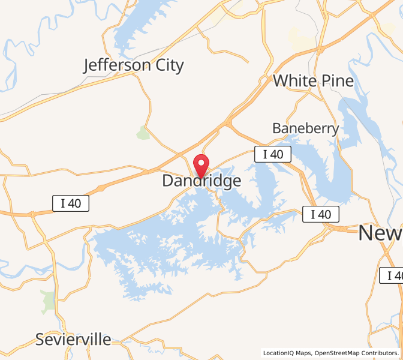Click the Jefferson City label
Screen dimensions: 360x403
[x=134, y=65]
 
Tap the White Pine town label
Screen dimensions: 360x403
[x=313, y=80]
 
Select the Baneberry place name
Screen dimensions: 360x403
[x=305, y=128]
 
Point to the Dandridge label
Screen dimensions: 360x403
[x=201, y=181]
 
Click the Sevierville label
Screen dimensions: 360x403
[x=73, y=339]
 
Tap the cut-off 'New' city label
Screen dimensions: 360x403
[x=380, y=233]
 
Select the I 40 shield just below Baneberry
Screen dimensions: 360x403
[x=273, y=154]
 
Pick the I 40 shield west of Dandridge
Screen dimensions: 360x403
[x=71, y=203]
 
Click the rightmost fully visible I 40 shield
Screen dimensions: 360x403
[x=320, y=214]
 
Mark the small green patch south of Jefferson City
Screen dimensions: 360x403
[x=143, y=133]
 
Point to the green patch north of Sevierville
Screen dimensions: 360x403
[x=49, y=302]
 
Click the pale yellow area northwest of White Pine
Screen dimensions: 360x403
[x=300, y=39]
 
